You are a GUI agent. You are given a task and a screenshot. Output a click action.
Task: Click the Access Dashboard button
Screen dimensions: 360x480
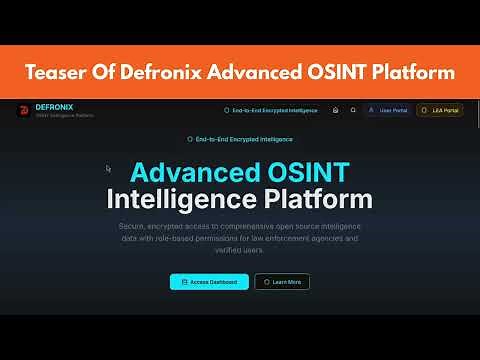[209, 282]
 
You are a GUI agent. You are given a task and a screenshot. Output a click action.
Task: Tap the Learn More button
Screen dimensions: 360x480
[282, 282]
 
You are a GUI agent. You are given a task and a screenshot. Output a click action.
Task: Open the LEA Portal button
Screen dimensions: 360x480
[440, 110]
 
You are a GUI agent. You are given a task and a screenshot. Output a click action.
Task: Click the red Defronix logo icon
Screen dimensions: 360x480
[22, 111]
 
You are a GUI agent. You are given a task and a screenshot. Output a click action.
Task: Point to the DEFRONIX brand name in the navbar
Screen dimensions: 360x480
[53, 106]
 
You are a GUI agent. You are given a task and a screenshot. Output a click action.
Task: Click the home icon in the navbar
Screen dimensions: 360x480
[335, 110]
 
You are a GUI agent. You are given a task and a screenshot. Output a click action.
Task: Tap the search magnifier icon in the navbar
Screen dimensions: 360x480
[353, 110]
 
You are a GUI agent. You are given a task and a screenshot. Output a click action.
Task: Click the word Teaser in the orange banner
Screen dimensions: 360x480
[55, 72]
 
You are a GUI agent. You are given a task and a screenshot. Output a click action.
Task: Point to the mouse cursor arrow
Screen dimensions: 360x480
[109, 168]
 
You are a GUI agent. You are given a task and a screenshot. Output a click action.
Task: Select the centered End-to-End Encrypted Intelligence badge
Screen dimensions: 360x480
[240, 139]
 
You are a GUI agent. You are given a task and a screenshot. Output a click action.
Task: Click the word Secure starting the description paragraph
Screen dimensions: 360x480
[132, 226]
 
